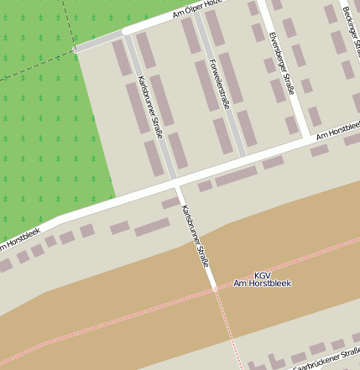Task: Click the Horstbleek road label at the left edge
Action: [x=18, y=239]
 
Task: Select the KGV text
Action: [x=263, y=274]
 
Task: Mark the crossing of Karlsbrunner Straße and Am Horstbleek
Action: [x=177, y=185]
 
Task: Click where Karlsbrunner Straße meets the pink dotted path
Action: [x=215, y=288]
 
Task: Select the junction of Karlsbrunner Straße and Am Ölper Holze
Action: [x=125, y=32]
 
